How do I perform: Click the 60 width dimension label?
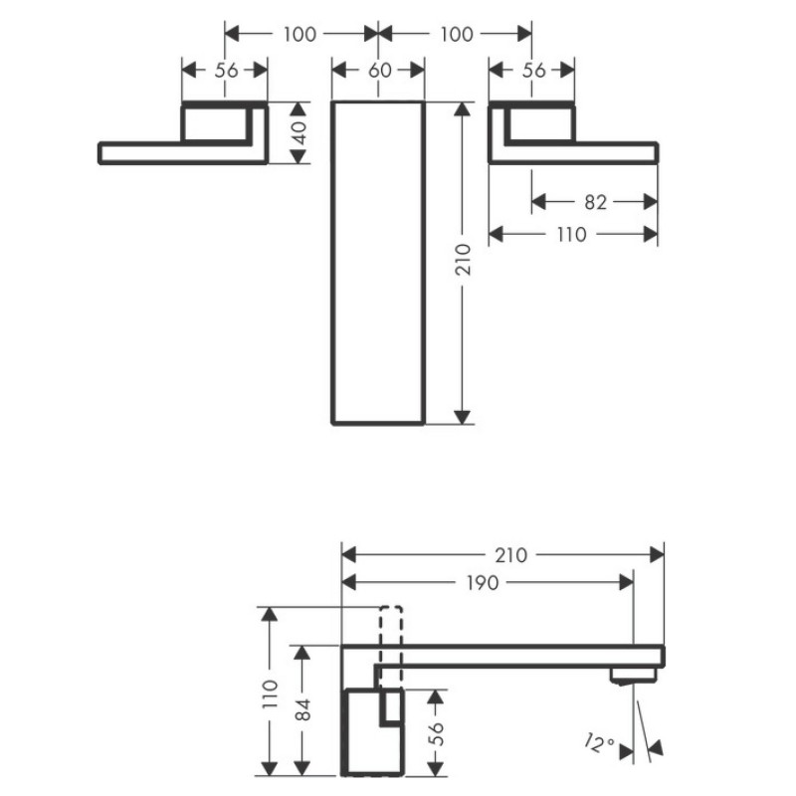click(x=380, y=70)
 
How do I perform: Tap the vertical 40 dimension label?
click(x=300, y=132)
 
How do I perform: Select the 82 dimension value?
click(x=595, y=202)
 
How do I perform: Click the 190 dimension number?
click(x=482, y=583)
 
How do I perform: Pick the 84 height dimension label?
click(x=302, y=709)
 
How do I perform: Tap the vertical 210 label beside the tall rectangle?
click(x=463, y=260)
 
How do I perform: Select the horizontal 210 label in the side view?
click(x=511, y=555)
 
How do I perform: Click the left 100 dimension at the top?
click(x=299, y=34)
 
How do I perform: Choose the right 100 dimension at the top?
click(x=457, y=34)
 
